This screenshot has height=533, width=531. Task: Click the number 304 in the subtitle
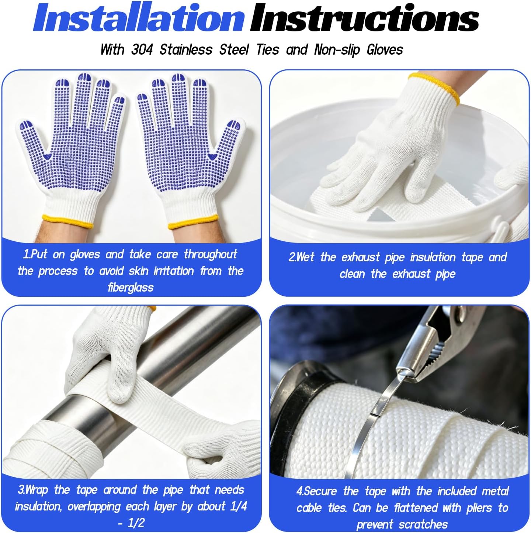142,50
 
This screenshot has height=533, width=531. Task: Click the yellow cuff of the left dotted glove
67,221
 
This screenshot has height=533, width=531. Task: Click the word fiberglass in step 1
131,288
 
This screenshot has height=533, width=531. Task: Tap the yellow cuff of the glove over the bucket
435,87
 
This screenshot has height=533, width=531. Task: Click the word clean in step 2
352,274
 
